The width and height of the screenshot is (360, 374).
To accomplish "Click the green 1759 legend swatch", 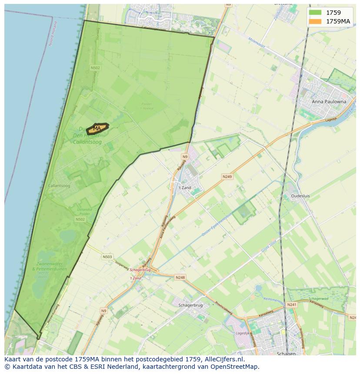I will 315,13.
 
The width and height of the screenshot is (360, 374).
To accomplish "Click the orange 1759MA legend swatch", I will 315,21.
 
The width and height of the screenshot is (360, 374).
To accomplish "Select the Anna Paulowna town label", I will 328,102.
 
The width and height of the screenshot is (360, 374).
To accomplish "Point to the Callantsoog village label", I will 59,186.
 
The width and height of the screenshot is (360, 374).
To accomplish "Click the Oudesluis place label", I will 300,196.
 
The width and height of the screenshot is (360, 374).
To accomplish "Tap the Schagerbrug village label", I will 191,305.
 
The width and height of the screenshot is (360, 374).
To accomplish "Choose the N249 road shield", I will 227,177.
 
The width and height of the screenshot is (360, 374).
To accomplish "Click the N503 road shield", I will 107,257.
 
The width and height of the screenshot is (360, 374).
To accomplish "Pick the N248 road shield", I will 180,277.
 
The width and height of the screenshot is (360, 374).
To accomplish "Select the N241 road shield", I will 291,305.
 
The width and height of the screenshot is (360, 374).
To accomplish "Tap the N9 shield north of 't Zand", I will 185,157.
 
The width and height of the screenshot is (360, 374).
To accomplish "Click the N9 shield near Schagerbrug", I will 103,311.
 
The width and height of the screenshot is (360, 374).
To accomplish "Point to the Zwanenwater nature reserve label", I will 49,264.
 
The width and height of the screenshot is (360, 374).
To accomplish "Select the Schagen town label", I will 286,354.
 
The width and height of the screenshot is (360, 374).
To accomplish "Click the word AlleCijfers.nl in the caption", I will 224,360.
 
